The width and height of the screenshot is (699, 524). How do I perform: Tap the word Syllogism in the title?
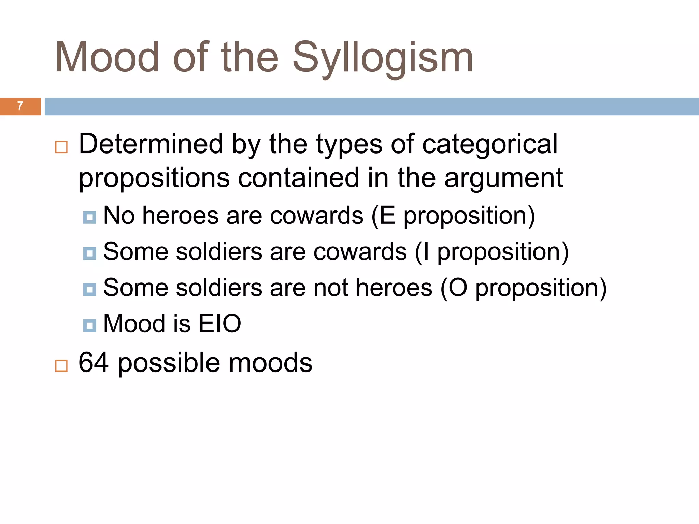click(x=383, y=58)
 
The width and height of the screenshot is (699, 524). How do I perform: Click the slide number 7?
click(x=20, y=106)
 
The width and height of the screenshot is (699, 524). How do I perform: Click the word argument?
click(x=503, y=178)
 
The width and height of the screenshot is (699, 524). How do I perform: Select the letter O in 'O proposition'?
click(x=458, y=288)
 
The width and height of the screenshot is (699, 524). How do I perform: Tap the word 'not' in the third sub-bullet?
click(x=331, y=288)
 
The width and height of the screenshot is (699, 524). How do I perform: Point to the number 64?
click(x=94, y=362)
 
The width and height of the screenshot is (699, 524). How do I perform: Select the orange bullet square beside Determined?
click(x=61, y=147)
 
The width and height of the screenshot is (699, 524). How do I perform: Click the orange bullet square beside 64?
click(x=61, y=366)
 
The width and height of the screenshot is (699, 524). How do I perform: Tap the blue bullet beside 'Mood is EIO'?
click(x=89, y=325)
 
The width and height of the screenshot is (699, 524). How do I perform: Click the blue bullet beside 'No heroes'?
click(x=89, y=217)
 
